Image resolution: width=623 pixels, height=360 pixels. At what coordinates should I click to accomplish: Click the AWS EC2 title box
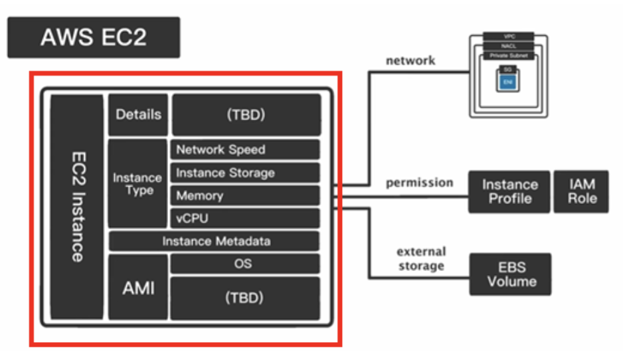click(x=94, y=37)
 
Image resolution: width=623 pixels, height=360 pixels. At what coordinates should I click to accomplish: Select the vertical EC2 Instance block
click(x=77, y=207)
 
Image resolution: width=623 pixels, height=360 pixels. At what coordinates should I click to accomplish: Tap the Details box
click(x=138, y=114)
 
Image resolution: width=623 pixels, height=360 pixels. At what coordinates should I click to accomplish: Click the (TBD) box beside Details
click(x=246, y=114)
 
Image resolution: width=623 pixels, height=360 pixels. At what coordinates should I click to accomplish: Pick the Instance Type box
click(x=137, y=184)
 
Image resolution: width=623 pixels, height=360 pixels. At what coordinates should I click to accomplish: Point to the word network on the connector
click(x=410, y=60)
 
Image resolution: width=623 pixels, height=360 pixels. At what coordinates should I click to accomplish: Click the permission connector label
click(x=420, y=182)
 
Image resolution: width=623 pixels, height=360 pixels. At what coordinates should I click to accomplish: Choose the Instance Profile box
click(x=509, y=192)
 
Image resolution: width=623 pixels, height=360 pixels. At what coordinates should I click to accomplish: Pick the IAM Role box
click(x=581, y=191)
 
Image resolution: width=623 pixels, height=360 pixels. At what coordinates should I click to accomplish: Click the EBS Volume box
click(x=511, y=274)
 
